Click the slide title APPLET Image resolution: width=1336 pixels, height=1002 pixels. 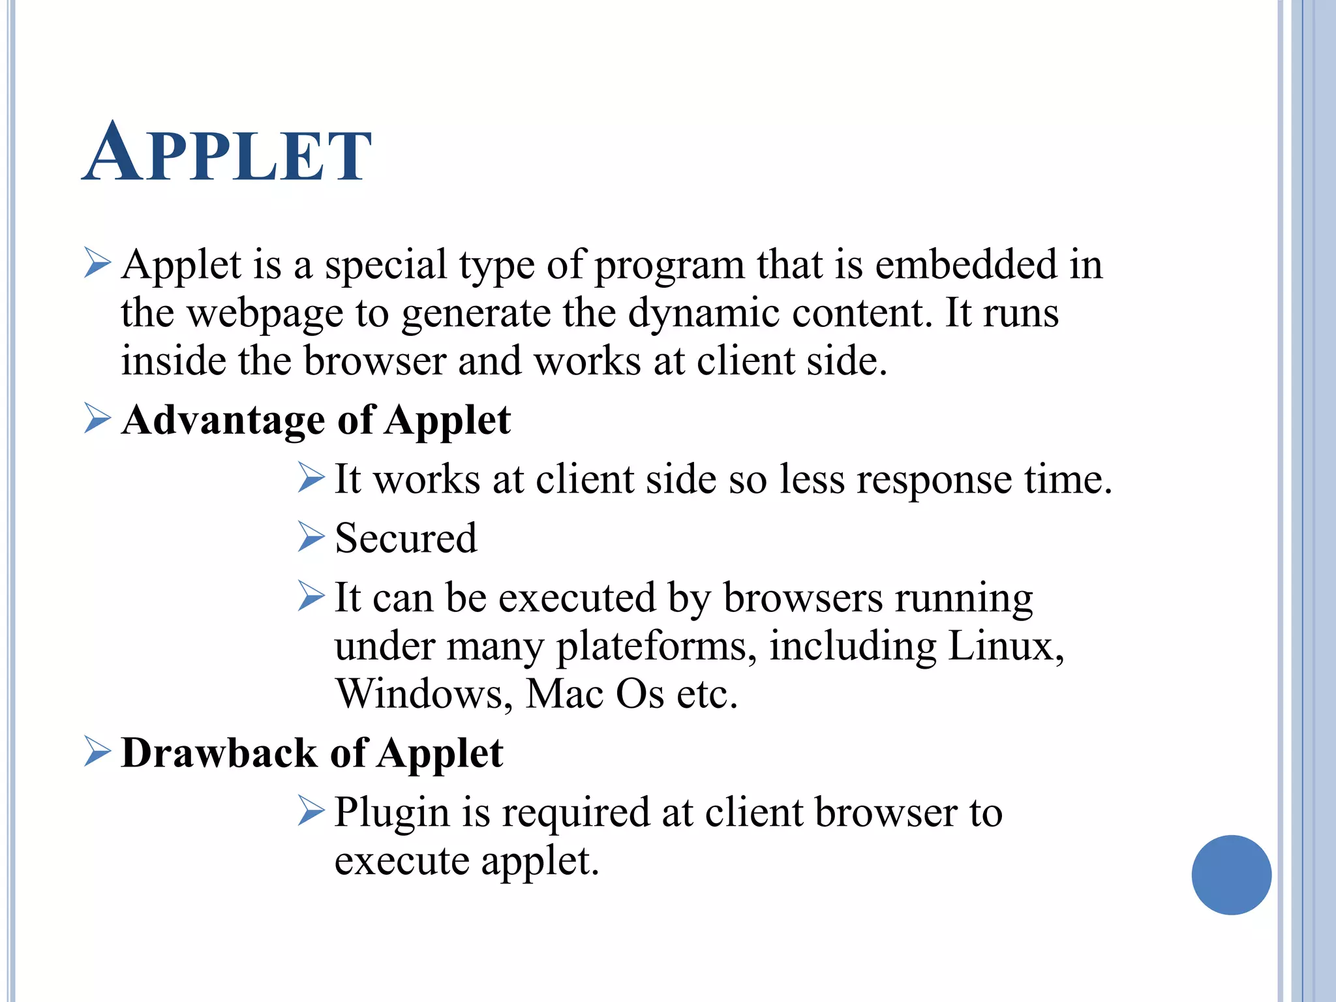(x=227, y=154)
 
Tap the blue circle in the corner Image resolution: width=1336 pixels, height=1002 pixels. (x=1231, y=874)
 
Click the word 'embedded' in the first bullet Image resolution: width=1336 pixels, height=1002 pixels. (x=965, y=265)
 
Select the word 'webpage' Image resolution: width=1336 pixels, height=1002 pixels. (x=265, y=314)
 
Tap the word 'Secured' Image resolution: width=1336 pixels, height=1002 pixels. (x=406, y=539)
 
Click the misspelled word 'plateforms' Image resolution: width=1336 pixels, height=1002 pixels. (x=656, y=646)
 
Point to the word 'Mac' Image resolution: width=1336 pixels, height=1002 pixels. (x=564, y=693)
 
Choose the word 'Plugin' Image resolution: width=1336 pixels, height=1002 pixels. (x=392, y=813)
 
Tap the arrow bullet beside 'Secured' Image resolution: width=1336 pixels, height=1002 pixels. (x=311, y=537)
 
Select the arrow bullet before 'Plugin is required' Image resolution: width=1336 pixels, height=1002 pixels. (x=311, y=810)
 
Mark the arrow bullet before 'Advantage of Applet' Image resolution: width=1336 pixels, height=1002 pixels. (x=97, y=417)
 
